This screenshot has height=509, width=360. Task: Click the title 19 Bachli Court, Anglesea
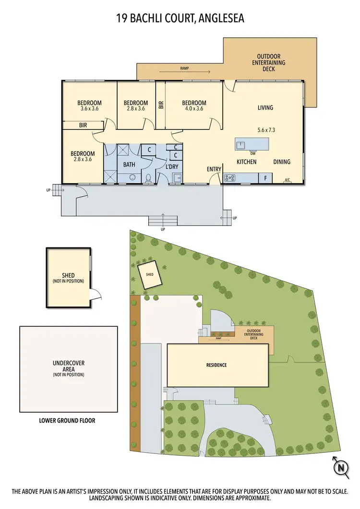180,18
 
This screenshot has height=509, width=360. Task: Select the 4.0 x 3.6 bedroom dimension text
194,109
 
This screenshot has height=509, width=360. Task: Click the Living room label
265,107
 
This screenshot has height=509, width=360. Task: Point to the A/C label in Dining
288,180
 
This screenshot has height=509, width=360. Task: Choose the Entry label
214,169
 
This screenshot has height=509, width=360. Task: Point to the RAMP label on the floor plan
184,69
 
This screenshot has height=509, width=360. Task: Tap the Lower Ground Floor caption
67,421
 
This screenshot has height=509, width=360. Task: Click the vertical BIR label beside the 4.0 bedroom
161,104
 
